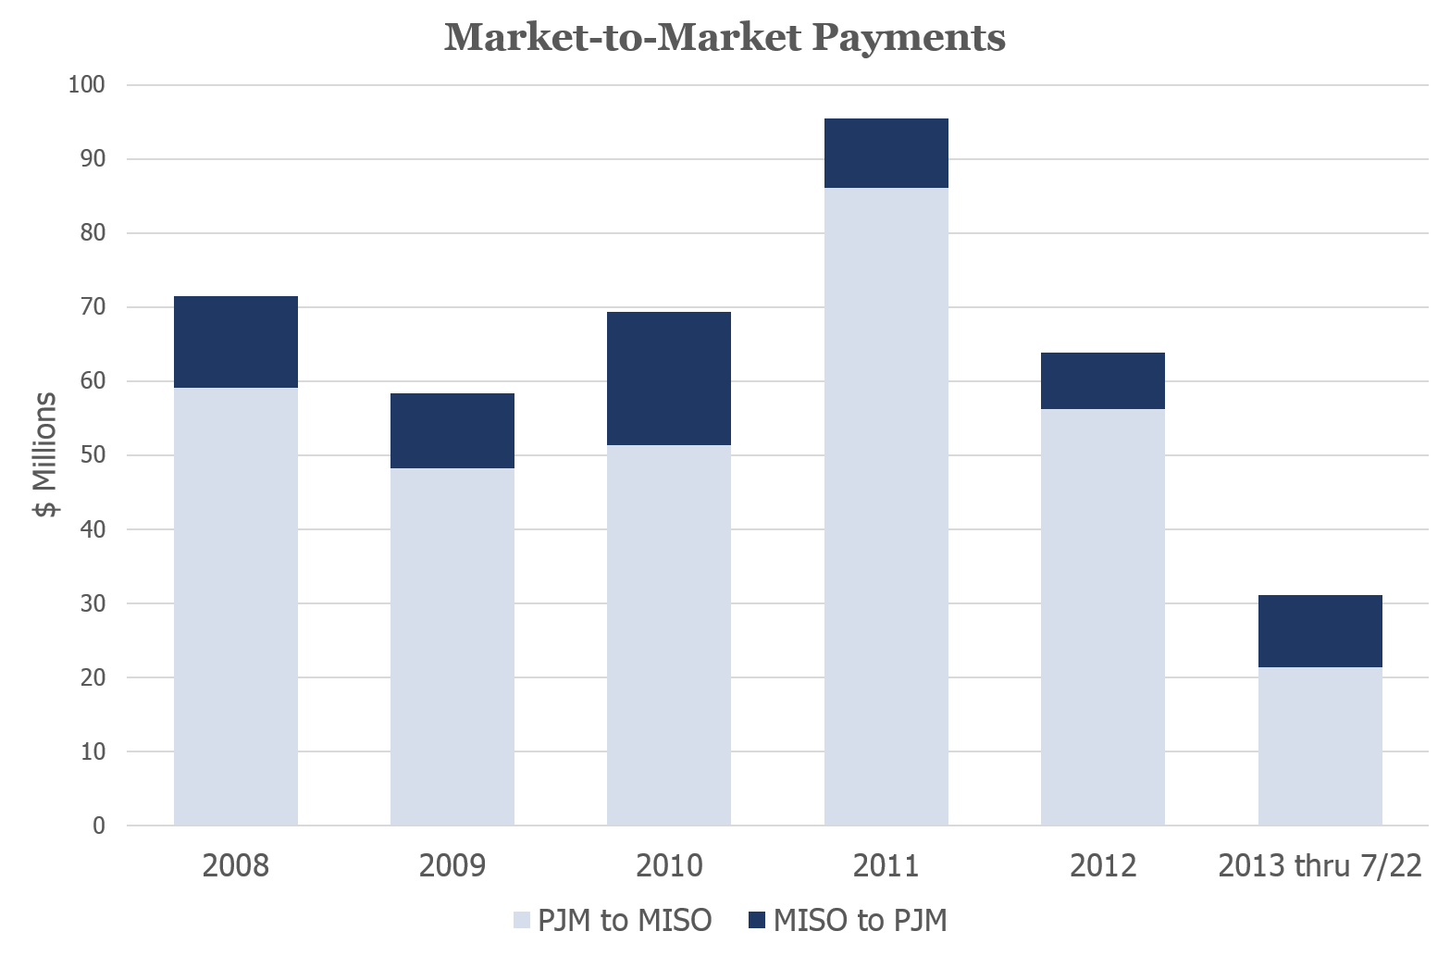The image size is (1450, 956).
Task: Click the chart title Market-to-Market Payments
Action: pyautogui.click(x=725, y=38)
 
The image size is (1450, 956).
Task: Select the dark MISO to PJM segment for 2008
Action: pyautogui.click(x=236, y=341)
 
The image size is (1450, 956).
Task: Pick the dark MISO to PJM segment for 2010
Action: pyautogui.click(x=669, y=379)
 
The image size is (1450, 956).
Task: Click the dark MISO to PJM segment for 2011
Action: pyautogui.click(x=886, y=154)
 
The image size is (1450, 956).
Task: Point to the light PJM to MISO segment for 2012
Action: pyautogui.click(x=1103, y=616)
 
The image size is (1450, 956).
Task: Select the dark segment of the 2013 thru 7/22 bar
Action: pyautogui.click(x=1320, y=631)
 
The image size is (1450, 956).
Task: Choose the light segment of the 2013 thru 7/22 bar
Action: pyautogui.click(x=1320, y=746)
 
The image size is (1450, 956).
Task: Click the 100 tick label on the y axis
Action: pyautogui.click(x=87, y=85)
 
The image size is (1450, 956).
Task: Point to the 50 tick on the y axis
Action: pyautogui.click(x=93, y=455)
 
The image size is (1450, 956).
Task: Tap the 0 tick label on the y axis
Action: pyautogui.click(x=99, y=826)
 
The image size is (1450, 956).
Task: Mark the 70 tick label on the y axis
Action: pyautogui.click(x=93, y=307)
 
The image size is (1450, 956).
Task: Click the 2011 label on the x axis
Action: pyautogui.click(x=886, y=866)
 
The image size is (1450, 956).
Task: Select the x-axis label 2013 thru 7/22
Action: pyautogui.click(x=1320, y=866)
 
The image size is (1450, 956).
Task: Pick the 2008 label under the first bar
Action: pyautogui.click(x=236, y=866)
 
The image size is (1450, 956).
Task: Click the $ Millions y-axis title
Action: pyautogui.click(x=46, y=454)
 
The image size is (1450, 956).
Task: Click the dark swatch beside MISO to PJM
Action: pyautogui.click(x=757, y=921)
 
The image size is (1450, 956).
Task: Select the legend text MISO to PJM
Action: pyautogui.click(x=860, y=921)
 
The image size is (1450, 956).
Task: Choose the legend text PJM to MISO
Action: pyautogui.click(x=625, y=921)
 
